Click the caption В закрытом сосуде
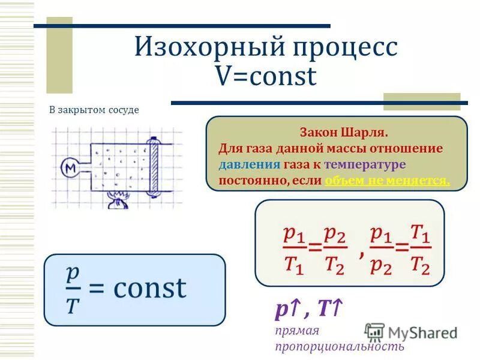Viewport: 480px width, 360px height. (94, 110)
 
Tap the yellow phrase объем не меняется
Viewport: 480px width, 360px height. (387, 180)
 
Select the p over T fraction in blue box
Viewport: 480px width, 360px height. (73, 289)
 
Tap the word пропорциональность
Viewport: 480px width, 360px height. (339, 346)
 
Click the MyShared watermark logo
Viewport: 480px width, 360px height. (411, 332)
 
